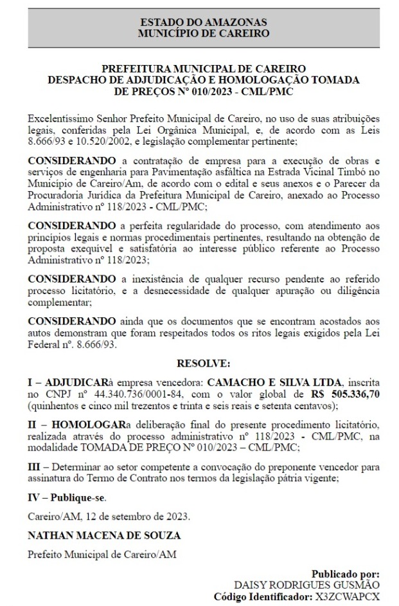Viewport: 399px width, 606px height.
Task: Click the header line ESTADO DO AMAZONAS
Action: tap(203, 23)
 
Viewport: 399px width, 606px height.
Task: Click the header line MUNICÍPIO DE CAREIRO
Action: tap(203, 33)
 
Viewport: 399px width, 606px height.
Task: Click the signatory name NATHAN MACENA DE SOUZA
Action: tap(103, 535)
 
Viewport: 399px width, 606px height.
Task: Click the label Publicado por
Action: tap(345, 573)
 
